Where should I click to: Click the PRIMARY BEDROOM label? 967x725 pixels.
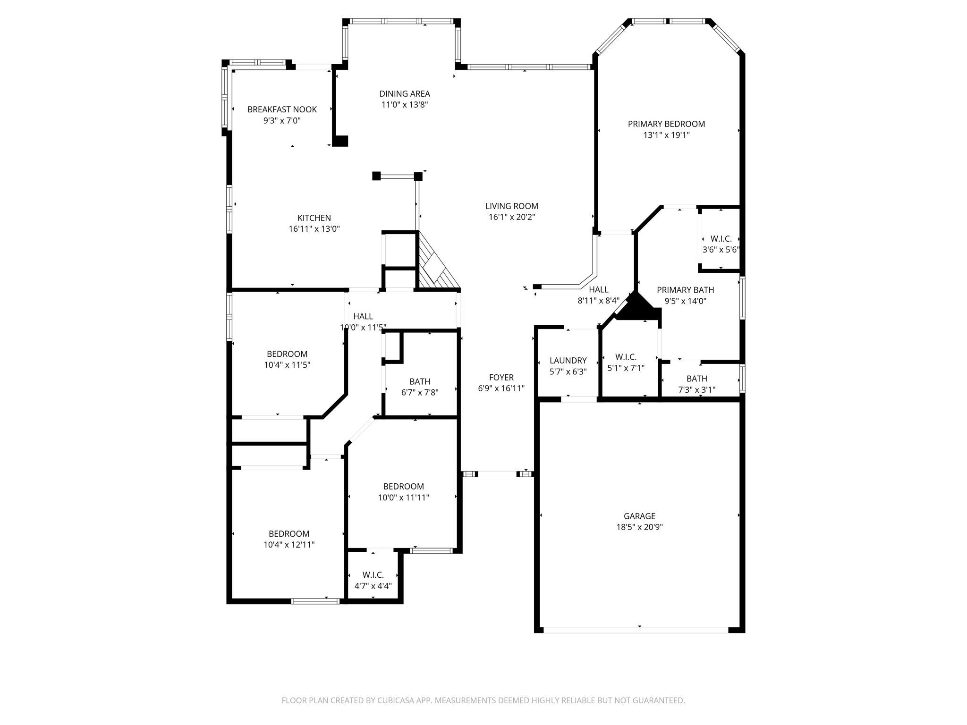pos(666,124)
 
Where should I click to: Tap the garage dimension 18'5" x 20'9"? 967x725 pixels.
pos(639,527)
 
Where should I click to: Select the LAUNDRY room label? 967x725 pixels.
pos(568,361)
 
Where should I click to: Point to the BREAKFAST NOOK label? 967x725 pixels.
pos(282,110)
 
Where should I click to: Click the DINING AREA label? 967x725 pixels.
pos(405,94)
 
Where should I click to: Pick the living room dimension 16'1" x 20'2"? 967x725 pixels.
pos(512,217)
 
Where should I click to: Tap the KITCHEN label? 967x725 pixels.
pos(314,218)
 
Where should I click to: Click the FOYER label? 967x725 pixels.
pos(501,378)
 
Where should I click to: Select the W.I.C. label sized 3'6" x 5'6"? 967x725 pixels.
pos(721,239)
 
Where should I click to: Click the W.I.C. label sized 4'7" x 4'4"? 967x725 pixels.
pos(373,575)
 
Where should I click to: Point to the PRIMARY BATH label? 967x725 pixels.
pos(685,290)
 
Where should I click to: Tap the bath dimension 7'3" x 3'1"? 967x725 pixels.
pos(696,390)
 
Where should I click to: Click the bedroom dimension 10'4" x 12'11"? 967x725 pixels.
pos(289,545)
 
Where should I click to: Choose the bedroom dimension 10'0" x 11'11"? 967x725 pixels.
pos(403,497)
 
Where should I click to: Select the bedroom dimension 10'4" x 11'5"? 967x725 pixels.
pos(287,365)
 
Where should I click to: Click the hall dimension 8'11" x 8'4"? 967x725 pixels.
pos(598,301)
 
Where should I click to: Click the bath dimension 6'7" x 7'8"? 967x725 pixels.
pos(420,392)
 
